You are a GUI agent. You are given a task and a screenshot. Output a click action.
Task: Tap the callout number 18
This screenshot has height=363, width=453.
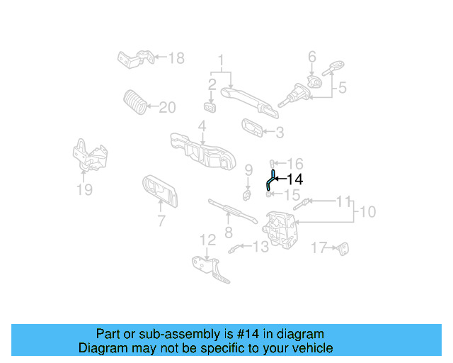point(176,57)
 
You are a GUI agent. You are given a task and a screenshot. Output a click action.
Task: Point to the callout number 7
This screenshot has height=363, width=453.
point(161,220)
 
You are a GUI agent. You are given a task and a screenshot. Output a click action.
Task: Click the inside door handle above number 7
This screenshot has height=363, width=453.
point(159,190)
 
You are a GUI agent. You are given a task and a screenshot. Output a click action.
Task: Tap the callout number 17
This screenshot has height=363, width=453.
point(319,247)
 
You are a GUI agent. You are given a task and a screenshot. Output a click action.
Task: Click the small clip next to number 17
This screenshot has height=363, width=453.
point(344,248)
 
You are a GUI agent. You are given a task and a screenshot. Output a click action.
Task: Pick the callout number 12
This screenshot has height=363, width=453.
point(206,240)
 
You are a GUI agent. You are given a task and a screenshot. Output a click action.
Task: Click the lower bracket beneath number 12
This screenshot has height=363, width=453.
point(210,269)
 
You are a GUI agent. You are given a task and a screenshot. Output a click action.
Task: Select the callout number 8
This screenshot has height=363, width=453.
point(228,232)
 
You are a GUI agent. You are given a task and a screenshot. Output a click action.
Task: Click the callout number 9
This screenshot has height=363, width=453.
point(248,169)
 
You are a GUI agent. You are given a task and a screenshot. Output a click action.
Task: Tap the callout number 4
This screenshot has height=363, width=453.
point(202,127)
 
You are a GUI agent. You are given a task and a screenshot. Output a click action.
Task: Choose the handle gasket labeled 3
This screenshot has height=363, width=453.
point(251,128)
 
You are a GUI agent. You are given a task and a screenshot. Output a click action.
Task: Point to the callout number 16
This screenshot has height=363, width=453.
point(294,163)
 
